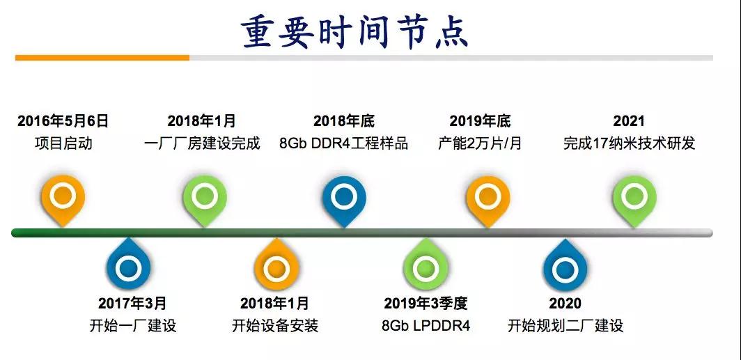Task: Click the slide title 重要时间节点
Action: point(354,33)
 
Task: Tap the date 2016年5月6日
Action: point(63,121)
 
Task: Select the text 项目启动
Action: point(63,143)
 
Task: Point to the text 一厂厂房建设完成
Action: point(202,143)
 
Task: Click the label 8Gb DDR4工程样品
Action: point(343,143)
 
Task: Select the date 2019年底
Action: point(480,121)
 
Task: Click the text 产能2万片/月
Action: point(480,143)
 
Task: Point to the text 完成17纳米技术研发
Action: point(630,143)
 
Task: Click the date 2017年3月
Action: point(132,303)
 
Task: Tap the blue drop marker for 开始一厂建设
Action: point(128,265)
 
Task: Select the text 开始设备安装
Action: point(275,325)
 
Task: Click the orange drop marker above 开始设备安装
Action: point(276,265)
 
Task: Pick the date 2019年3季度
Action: point(426,303)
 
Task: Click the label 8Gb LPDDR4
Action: point(426,325)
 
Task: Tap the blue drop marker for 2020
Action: point(565,265)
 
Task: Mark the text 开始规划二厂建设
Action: point(565,325)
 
